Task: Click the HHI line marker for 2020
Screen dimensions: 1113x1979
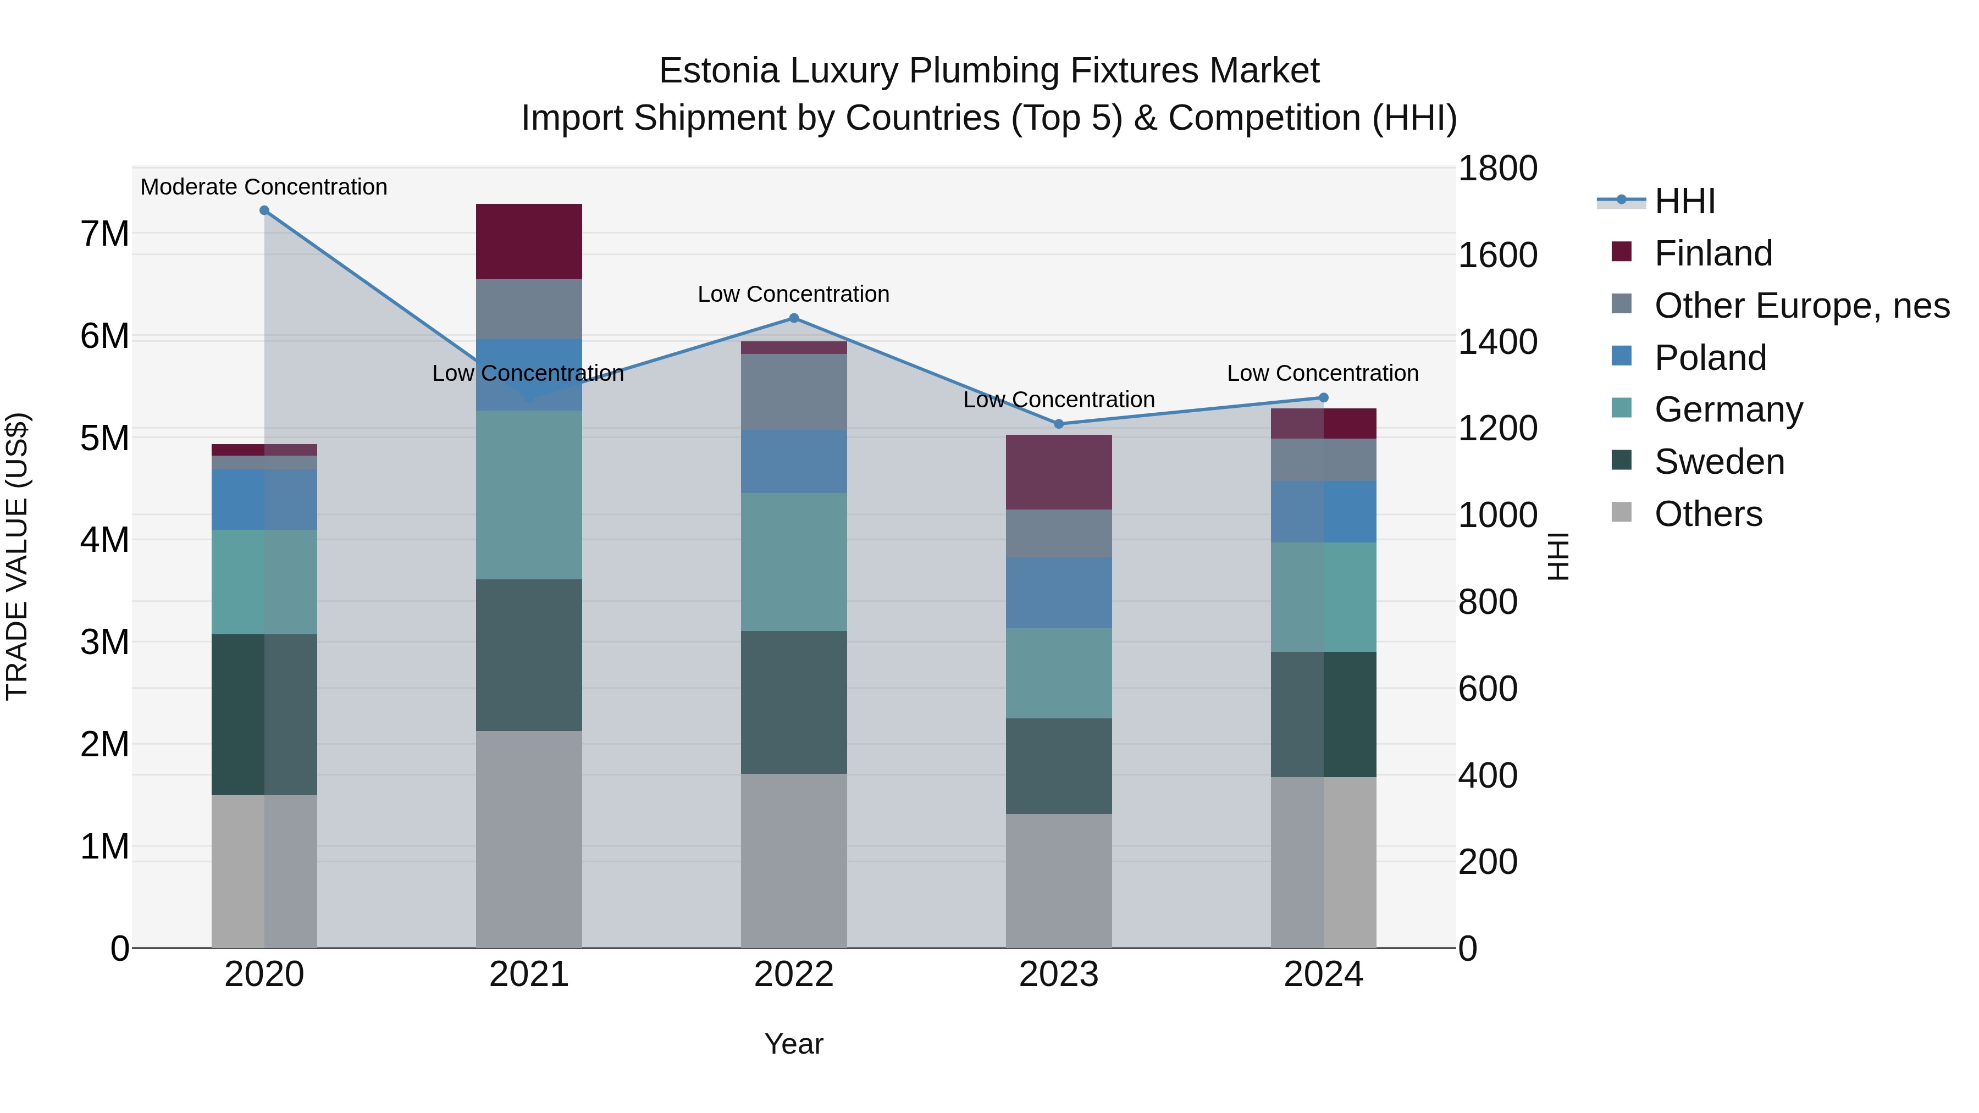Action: [264, 211]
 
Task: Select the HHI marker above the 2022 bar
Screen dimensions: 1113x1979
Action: [794, 318]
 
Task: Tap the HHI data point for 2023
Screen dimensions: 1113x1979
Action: [1059, 424]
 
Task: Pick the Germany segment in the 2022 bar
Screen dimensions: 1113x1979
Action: [794, 562]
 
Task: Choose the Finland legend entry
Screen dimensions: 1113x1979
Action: [1712, 253]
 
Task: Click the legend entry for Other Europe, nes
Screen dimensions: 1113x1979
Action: [1801, 306]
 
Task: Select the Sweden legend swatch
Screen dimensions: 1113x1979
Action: [1621, 460]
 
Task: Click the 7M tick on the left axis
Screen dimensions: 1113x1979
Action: [105, 234]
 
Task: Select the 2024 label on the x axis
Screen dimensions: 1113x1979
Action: [1323, 974]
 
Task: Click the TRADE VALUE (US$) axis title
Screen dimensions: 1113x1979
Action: [17, 556]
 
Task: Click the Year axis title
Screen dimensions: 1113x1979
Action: [794, 1044]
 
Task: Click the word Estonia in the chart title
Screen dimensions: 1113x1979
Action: [718, 71]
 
